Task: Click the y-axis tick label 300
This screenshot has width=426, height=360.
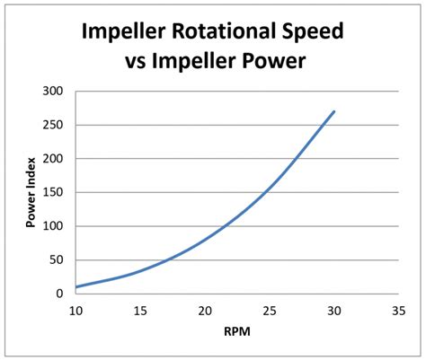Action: pyautogui.click(x=54, y=92)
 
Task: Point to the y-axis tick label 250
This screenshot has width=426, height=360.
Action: pyautogui.click(x=54, y=125)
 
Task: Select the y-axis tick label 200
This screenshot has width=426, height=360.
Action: pyautogui.click(x=54, y=159)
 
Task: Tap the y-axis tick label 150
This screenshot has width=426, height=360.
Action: pyautogui.click(x=54, y=192)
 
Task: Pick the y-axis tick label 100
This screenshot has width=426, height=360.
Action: pyautogui.click(x=54, y=226)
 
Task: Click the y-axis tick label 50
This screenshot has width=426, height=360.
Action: pyautogui.click(x=57, y=259)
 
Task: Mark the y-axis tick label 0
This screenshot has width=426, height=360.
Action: pyautogui.click(x=60, y=294)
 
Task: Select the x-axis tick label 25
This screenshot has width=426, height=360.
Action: pyautogui.click(x=268, y=311)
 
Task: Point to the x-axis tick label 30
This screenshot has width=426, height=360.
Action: pyautogui.click(x=333, y=311)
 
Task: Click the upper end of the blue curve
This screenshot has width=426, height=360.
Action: pyautogui.click(x=333, y=112)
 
